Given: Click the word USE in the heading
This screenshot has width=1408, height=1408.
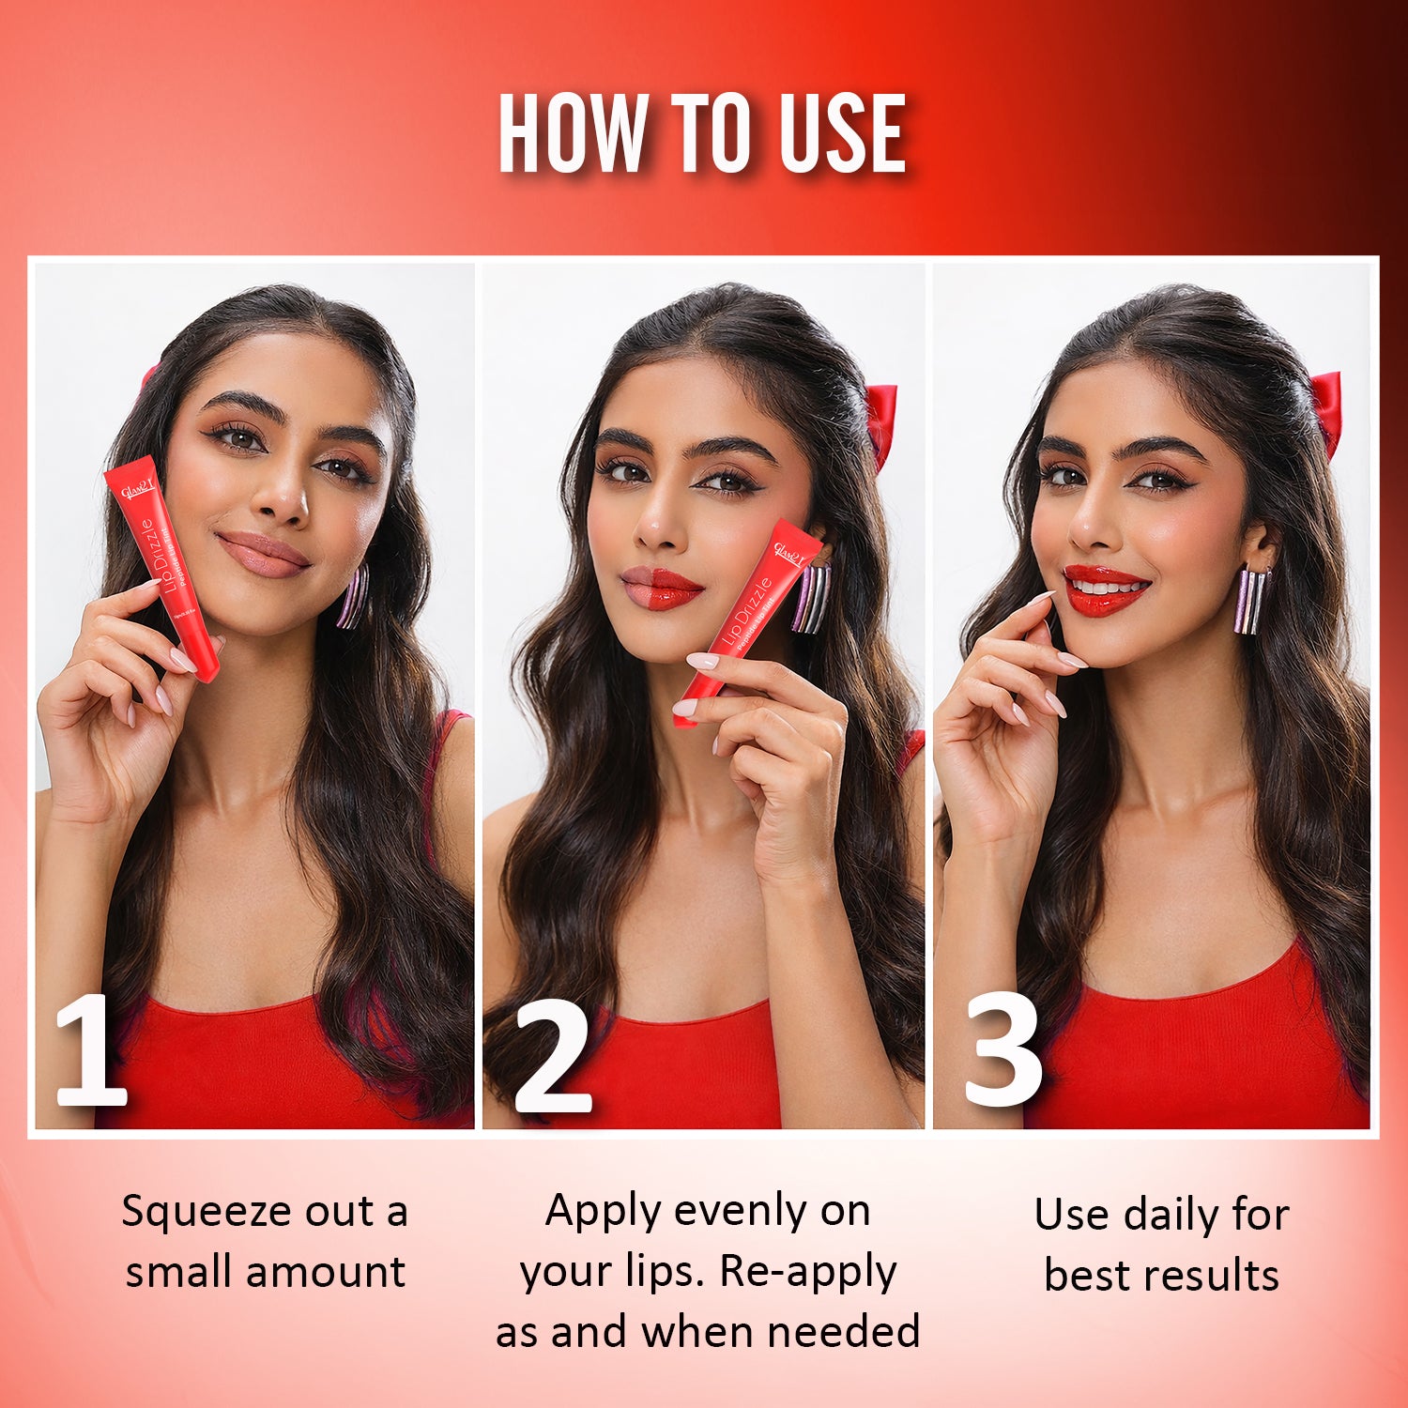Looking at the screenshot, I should (842, 133).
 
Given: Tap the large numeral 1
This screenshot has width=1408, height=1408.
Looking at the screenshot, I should (90, 1050).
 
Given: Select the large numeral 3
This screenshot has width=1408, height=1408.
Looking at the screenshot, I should (1002, 1050).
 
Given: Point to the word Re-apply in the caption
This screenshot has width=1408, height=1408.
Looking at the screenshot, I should (808, 1271).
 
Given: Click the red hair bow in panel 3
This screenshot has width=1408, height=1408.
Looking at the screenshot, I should (1326, 410).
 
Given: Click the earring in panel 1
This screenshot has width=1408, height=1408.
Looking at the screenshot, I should (354, 596).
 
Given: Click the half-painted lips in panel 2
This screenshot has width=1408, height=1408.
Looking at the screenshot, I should (661, 588).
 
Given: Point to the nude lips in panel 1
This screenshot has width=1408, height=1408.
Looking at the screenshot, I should (264, 553).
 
